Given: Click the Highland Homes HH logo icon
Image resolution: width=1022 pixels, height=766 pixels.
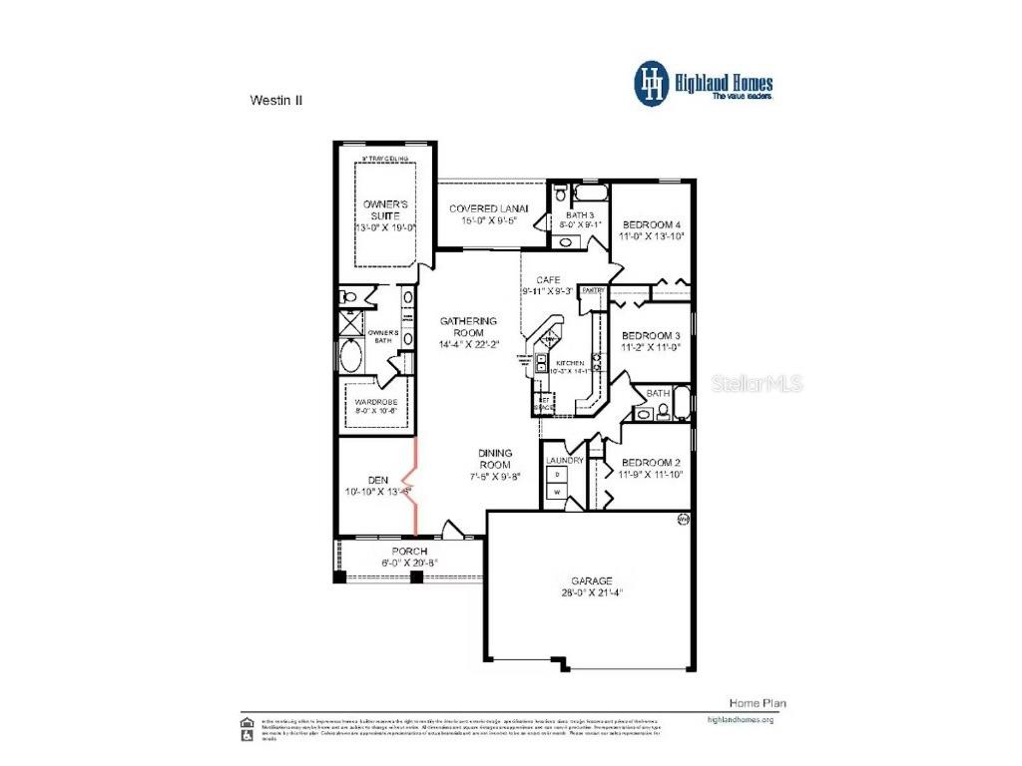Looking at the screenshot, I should tap(654, 84).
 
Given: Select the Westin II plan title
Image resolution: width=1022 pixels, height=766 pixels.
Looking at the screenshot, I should tap(274, 100).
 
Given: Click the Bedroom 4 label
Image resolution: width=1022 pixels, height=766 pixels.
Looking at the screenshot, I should tap(651, 225).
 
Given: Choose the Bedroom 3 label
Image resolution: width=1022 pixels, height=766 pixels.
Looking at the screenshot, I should tap(651, 336).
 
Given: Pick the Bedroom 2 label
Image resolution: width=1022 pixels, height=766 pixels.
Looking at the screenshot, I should tap(651, 463).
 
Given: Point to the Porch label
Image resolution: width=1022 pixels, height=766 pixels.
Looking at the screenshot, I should tap(409, 552).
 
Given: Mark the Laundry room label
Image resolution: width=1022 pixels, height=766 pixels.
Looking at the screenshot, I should tap(564, 461).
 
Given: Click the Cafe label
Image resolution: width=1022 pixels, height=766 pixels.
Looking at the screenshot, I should tap(548, 280).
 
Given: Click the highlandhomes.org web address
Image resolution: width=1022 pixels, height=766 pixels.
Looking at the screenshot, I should tap(740, 718).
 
